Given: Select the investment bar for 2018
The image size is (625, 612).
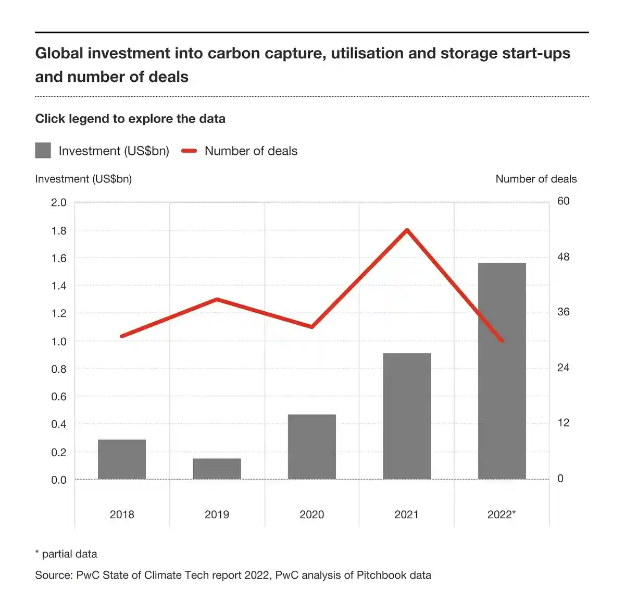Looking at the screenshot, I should point(122,459).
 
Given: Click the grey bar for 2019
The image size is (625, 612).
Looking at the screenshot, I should point(217,469).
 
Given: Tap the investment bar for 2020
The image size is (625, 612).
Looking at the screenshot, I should point(311,447).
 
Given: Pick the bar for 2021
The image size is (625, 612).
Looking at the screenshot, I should point(407,416).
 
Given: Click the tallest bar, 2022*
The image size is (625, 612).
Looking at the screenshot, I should point(502,371).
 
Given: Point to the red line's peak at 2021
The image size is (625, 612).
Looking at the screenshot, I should point(407,230).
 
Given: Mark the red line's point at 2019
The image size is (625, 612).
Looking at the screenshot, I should point(217,299).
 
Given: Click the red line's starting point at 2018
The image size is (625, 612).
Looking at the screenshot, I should point(122,336).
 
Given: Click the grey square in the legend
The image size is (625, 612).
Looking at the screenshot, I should point(43,151).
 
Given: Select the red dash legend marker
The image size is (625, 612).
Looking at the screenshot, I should point(189,151).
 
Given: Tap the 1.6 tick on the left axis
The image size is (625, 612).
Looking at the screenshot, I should point(59,258).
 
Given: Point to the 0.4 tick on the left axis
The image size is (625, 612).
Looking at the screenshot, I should point(59,424).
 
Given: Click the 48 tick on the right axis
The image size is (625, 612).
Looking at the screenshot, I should point(564,257).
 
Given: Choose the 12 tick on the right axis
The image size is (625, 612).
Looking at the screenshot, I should point(564,423).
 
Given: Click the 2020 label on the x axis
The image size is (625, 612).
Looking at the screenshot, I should point(311,515).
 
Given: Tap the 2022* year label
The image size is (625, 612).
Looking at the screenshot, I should point(502,515).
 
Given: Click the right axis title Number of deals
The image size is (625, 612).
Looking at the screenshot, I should point(536,179).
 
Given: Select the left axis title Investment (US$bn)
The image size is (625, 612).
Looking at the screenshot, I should point(83,179).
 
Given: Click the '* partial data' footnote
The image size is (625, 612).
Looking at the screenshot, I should point(66,554).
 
